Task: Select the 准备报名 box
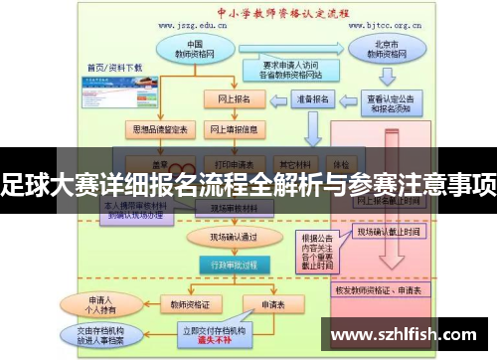pos(310,99)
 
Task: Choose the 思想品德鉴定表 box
pos(150,129)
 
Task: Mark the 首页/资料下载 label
pos(114,68)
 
